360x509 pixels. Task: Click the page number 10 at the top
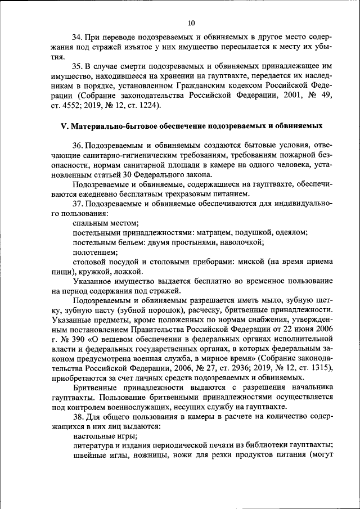pos(191,23)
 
